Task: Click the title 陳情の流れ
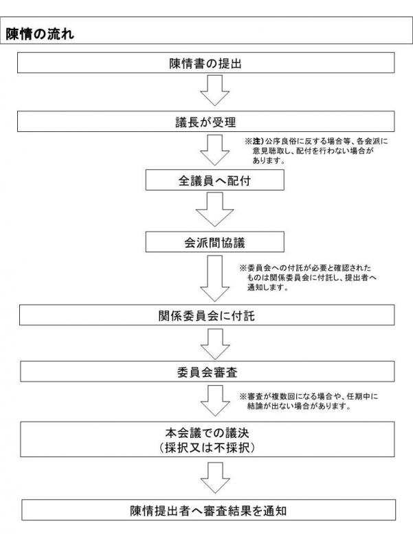click(x=40, y=34)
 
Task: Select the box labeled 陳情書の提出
click(x=205, y=63)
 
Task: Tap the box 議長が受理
click(x=205, y=122)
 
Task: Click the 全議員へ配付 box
click(x=214, y=180)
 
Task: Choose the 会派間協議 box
click(x=214, y=242)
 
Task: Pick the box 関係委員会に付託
click(x=207, y=315)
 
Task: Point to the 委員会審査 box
click(x=208, y=371)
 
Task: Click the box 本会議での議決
click(x=208, y=439)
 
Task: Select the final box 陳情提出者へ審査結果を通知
click(x=209, y=510)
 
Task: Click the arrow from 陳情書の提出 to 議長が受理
click(x=214, y=90)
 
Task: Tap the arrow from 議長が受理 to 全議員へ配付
click(x=214, y=150)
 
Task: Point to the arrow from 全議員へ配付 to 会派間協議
click(x=214, y=210)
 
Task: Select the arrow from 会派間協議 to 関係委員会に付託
click(x=214, y=278)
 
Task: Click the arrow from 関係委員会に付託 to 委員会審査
click(x=215, y=344)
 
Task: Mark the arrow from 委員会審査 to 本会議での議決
click(x=215, y=401)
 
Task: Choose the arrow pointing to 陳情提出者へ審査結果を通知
click(x=215, y=477)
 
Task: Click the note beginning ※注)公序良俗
click(x=316, y=151)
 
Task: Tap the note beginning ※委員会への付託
click(x=308, y=278)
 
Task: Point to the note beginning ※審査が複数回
click(x=309, y=401)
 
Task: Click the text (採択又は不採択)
click(x=208, y=448)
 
